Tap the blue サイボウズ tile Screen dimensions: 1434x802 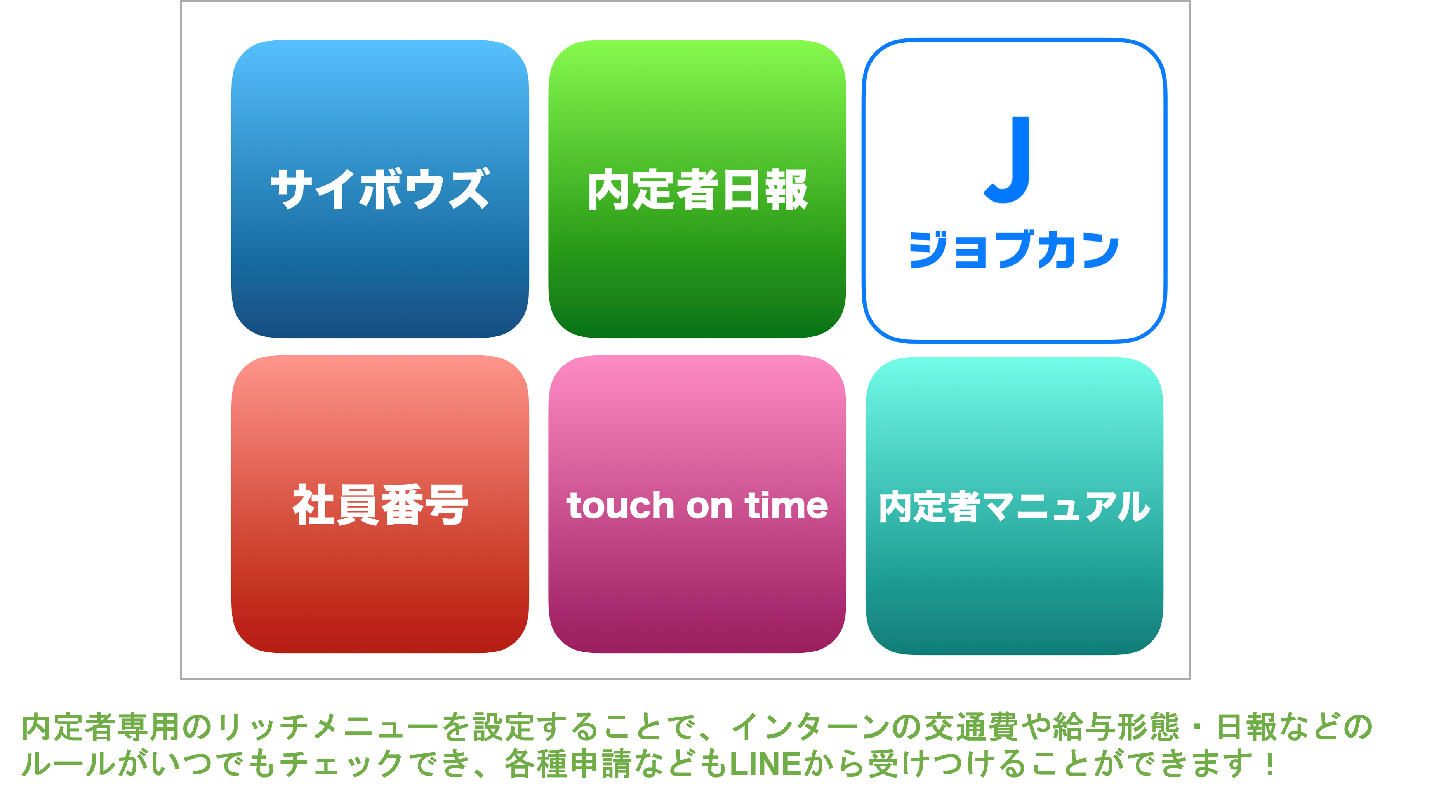pyautogui.click(x=380, y=189)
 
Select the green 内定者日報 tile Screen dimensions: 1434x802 pyautogui.click(x=697, y=189)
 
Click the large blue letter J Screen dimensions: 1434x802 pyautogui.click(x=1008, y=160)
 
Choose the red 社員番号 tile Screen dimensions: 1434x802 pyautogui.click(x=380, y=504)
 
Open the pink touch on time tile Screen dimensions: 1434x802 pyautogui.click(x=697, y=504)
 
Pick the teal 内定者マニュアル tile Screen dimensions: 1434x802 pyautogui.click(x=1014, y=506)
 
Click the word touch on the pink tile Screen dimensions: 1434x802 pyautogui.click(x=621, y=505)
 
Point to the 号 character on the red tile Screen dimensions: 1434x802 pyautogui.click(x=447, y=505)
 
